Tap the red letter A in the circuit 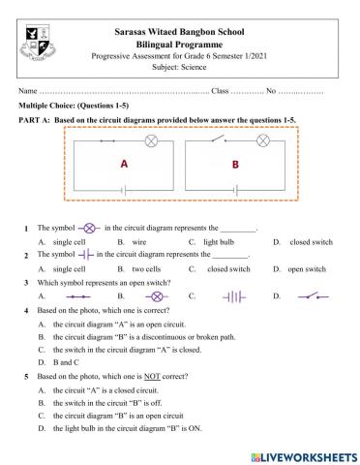pyautogui.click(x=124, y=165)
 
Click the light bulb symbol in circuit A pyautogui.click(x=151, y=141)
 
